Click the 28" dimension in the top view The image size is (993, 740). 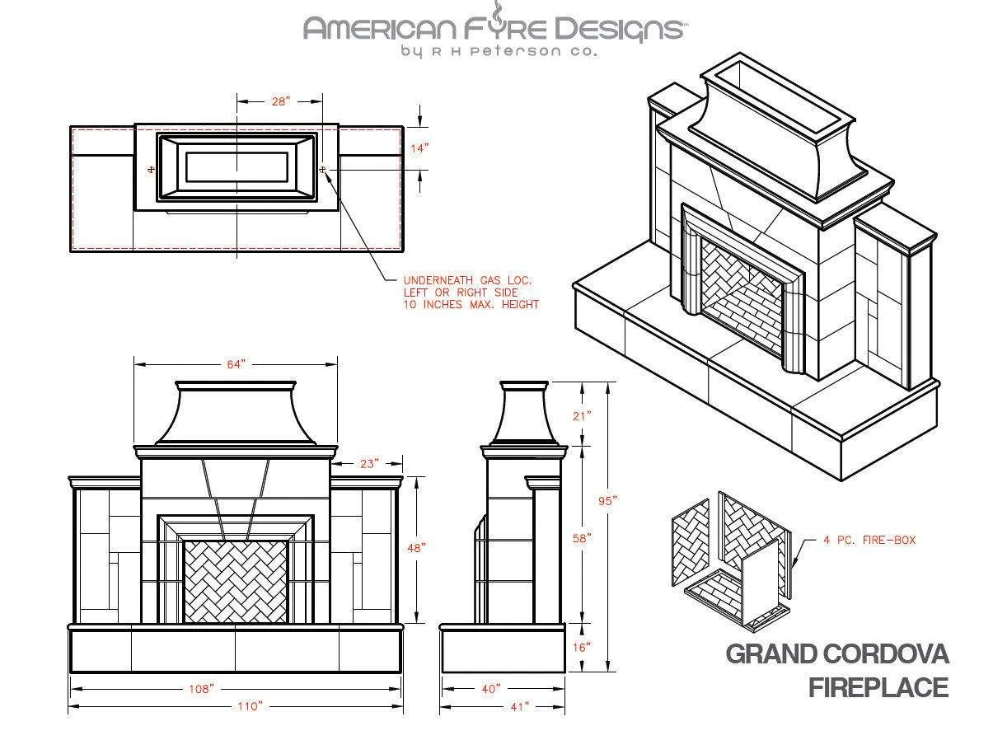click(x=280, y=101)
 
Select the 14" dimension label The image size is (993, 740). click(x=419, y=148)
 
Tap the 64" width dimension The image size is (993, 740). click(x=237, y=364)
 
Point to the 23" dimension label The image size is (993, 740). click(x=369, y=464)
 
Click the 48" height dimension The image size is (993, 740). click(x=416, y=548)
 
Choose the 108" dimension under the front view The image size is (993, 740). click(x=201, y=689)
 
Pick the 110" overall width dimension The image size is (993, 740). click(x=251, y=706)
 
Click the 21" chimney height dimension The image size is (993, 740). click(x=583, y=415)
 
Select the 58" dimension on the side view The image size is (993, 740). click(x=583, y=538)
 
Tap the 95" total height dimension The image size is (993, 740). click(x=608, y=501)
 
